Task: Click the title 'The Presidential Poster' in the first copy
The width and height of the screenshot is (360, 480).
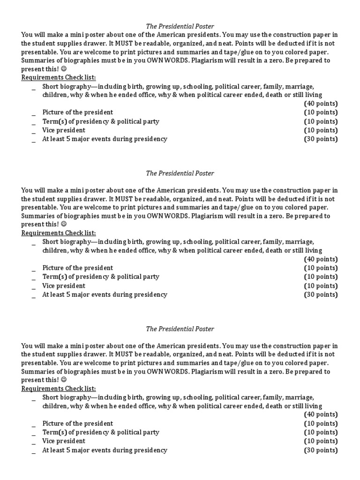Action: click(180, 26)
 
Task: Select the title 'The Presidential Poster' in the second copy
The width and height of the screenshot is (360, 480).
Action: click(180, 173)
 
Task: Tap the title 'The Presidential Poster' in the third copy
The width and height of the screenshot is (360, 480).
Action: click(180, 329)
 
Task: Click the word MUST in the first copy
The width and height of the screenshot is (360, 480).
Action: click(121, 44)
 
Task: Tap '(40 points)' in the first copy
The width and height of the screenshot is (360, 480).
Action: click(321, 104)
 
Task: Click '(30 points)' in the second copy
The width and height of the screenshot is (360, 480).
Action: click(321, 295)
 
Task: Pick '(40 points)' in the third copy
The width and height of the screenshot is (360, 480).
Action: click(321, 414)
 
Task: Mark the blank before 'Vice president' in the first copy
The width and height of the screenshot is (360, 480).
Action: click(34, 131)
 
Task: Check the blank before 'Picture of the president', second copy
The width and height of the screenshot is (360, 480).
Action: click(34, 269)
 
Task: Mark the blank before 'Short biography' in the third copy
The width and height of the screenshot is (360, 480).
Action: click(34, 398)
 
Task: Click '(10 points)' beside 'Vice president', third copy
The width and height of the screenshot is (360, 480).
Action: click(321, 441)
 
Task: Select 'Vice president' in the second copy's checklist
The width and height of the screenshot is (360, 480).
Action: click(64, 286)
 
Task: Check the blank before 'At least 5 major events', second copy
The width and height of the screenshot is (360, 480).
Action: click(34, 296)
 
